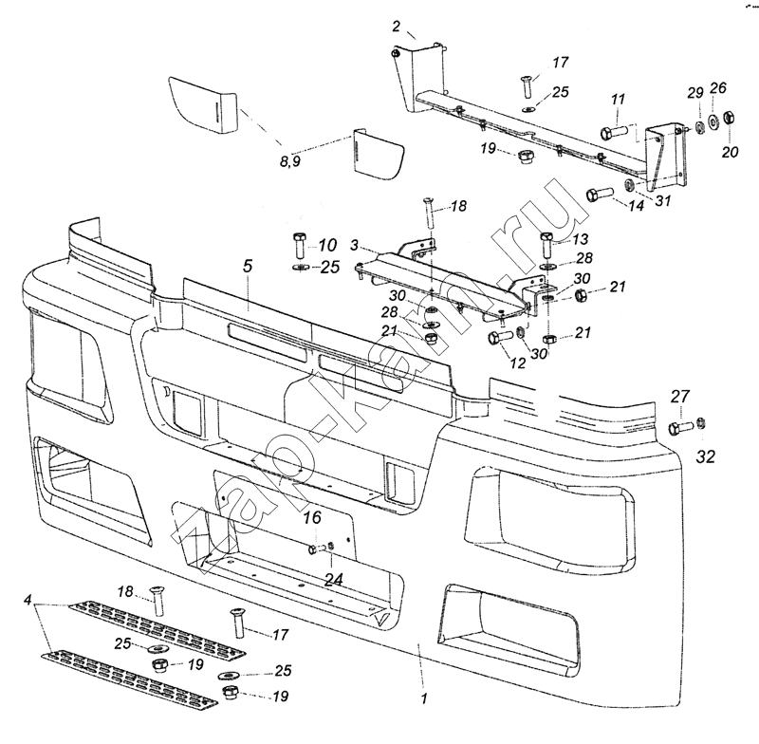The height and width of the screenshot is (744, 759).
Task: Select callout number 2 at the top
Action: tap(397, 26)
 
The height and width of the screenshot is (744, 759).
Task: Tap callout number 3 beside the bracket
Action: tap(354, 246)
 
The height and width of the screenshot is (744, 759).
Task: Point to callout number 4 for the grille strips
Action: tap(28, 601)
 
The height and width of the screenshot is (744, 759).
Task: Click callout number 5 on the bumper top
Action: tap(248, 267)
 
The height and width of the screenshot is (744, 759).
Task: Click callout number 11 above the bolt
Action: tap(619, 100)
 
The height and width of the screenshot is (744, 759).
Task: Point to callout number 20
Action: tap(730, 152)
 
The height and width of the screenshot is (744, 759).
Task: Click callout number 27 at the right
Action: tap(681, 396)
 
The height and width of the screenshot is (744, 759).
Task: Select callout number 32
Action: tap(704, 458)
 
